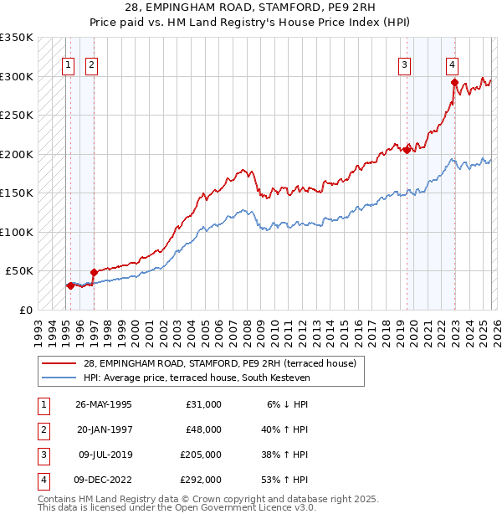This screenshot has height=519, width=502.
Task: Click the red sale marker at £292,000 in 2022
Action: (x=454, y=82)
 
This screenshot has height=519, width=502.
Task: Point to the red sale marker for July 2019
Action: (x=407, y=150)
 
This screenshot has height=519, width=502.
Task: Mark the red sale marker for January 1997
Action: (x=94, y=272)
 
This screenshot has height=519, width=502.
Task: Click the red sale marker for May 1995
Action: (x=70, y=285)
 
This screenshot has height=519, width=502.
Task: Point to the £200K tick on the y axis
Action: (x=18, y=154)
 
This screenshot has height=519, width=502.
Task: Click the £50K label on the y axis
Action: (x=20, y=271)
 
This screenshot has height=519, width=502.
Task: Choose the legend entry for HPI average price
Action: (x=197, y=378)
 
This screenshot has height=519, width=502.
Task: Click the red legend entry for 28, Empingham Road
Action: (x=220, y=363)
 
